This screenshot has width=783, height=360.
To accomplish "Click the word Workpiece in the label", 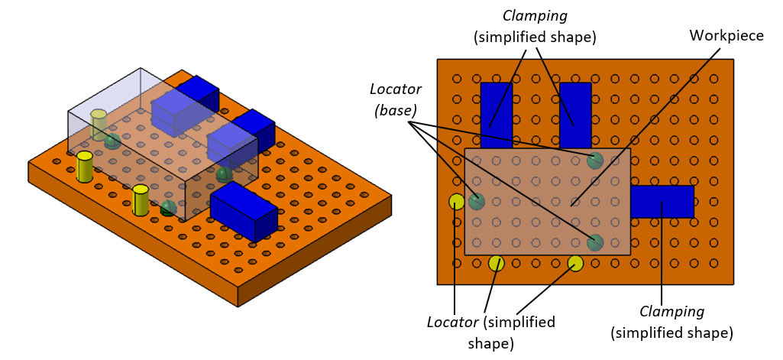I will click(726, 36).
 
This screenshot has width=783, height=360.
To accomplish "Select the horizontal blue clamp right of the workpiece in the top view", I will click(662, 202).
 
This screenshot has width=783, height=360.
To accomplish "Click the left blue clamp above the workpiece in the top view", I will click(496, 115).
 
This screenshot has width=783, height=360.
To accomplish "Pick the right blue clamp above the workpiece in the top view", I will click(575, 115).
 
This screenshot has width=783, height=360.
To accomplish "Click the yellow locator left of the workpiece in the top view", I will click(457, 202).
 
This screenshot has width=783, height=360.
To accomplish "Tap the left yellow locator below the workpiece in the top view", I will click(497, 263).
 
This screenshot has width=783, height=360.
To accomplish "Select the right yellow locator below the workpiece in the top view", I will click(575, 263).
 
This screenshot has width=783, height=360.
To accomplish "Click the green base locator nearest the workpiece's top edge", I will click(595, 161).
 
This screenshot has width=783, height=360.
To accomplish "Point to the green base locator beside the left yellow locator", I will click(477, 202).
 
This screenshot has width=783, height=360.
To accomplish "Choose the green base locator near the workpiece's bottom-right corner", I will click(595, 242).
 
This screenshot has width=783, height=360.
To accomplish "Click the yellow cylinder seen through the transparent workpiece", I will click(99, 124).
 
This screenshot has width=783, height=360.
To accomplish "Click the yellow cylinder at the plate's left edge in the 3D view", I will click(84, 167).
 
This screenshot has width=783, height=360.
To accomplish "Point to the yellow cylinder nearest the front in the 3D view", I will click(141, 200).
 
